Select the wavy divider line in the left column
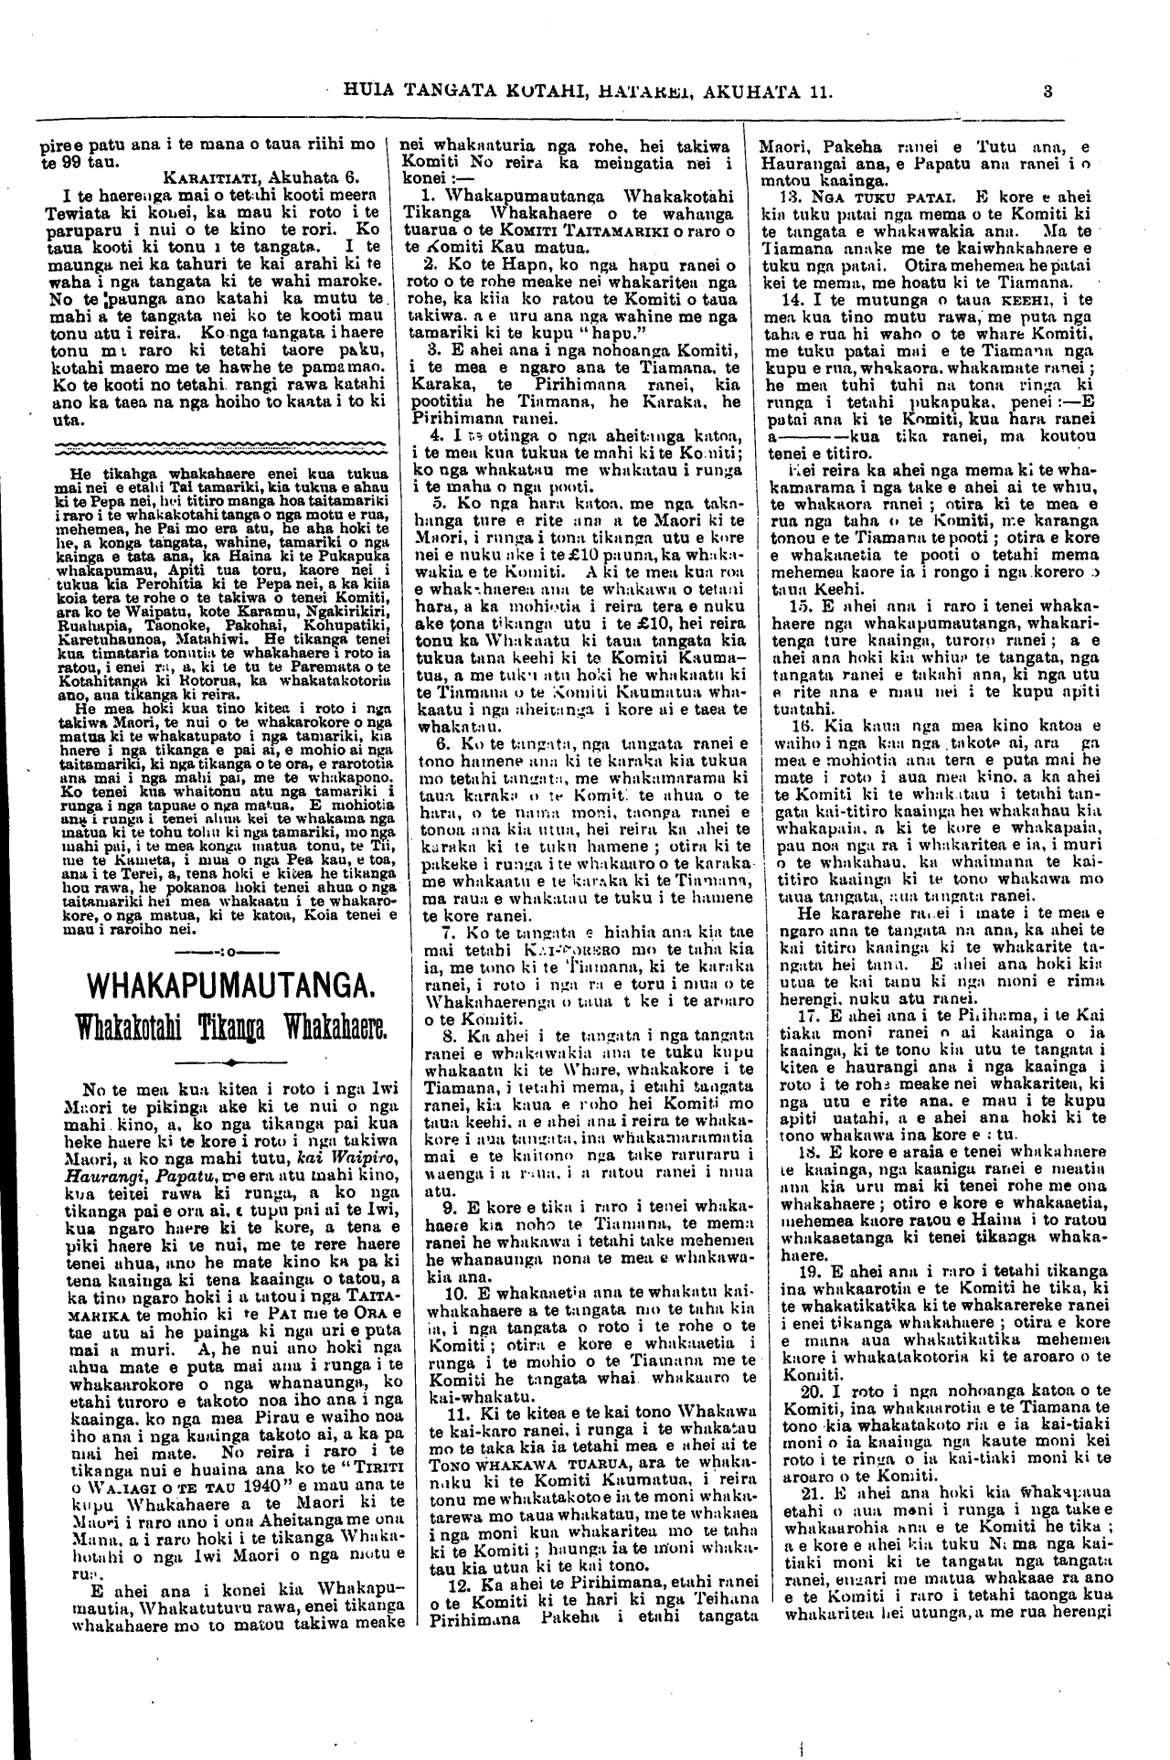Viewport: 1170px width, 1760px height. pos(216,451)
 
